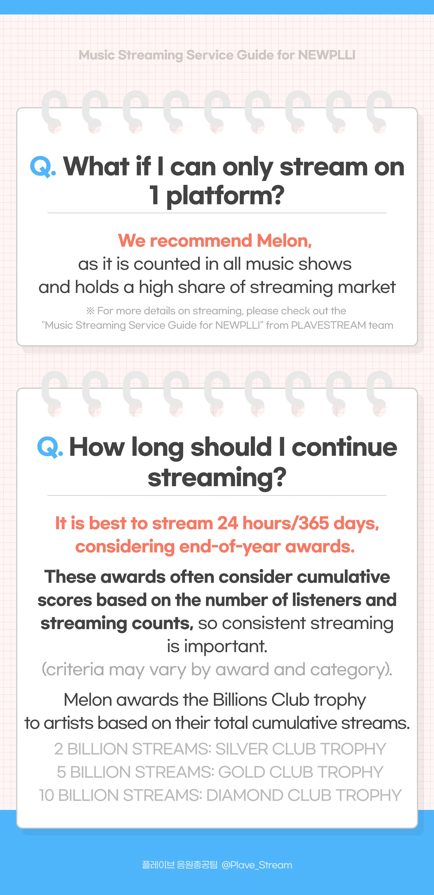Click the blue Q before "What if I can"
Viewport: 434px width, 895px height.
pyautogui.click(x=40, y=166)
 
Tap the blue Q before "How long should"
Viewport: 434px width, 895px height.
pyautogui.click(x=47, y=447)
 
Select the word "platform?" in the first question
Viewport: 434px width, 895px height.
pyautogui.click(x=225, y=196)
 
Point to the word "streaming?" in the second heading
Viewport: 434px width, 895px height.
pyautogui.click(x=217, y=478)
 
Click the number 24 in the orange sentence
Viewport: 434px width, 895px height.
pyautogui.click(x=227, y=523)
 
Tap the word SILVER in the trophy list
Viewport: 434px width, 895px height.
pyautogui.click(x=241, y=749)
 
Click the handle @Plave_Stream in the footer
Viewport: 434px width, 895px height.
pyautogui.click(x=257, y=865)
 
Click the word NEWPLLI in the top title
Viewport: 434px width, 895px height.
pyautogui.click(x=326, y=55)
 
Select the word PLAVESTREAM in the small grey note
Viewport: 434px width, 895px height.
pyautogui.click(x=328, y=325)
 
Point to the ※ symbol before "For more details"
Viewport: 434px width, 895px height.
pyautogui.click(x=90, y=311)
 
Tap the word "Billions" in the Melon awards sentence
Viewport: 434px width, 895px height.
pyautogui.click(x=240, y=700)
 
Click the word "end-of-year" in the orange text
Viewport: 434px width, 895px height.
pyautogui.click(x=229, y=546)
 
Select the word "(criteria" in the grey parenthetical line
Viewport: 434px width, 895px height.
pyautogui.click(x=72, y=669)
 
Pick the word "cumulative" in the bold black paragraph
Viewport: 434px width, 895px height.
pyautogui.click(x=343, y=577)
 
